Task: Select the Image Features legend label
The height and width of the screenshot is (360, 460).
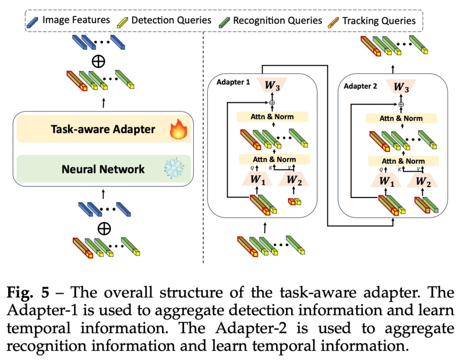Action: point(76,20)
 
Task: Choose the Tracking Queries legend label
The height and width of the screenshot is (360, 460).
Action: point(379,21)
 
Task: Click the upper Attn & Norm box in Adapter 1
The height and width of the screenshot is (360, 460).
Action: point(272,117)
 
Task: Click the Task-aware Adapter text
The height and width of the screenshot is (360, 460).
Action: point(103,130)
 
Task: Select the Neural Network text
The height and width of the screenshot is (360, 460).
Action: point(103,169)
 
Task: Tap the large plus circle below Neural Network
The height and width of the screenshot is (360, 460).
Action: point(104,228)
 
